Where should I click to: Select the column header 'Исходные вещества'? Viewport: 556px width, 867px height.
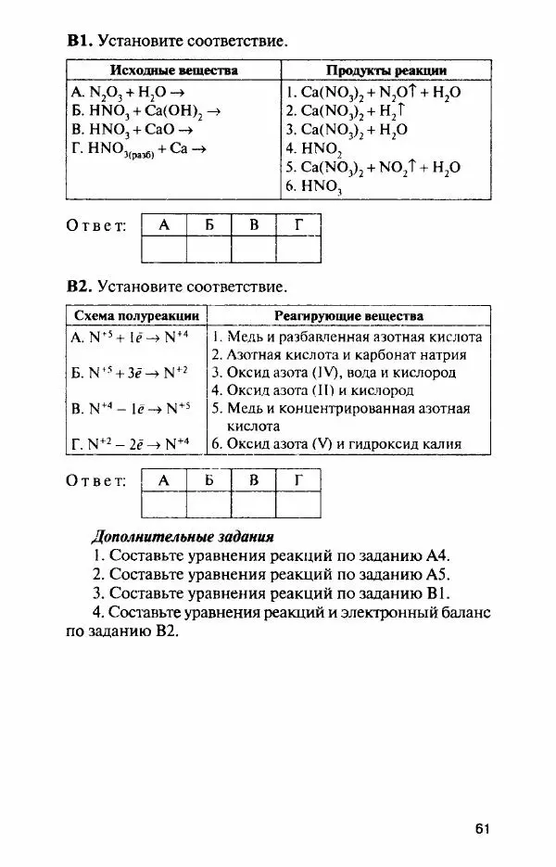coord(174,70)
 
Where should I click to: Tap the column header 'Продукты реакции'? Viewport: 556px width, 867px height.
coord(385,70)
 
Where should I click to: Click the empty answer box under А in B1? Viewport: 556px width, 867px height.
coord(164,249)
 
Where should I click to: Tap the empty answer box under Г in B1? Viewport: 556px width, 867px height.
coord(298,249)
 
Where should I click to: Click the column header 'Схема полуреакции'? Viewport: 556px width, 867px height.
coord(135,316)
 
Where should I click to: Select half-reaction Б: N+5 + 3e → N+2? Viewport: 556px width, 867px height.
coord(129,373)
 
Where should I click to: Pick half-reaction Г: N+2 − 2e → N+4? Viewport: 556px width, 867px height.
coord(130,443)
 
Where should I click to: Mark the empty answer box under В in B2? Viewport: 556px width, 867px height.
coord(254,504)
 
